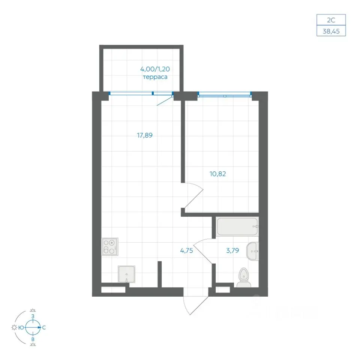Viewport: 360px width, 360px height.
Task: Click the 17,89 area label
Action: [145, 135]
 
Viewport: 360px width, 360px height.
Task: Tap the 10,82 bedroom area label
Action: [217, 174]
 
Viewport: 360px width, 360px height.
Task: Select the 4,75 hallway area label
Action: [186, 250]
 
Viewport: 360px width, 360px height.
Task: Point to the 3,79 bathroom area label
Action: [232, 250]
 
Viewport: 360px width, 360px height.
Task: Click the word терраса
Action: [155, 77]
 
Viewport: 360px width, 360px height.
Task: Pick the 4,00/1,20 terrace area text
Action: [155, 69]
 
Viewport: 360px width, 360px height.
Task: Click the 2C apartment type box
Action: [331, 20]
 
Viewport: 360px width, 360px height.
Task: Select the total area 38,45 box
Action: [331, 31]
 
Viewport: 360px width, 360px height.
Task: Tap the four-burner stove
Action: [110, 247]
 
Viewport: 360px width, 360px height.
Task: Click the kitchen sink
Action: [126, 274]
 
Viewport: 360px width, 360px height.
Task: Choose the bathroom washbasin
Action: [252, 251]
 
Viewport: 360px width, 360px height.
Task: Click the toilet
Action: [244, 277]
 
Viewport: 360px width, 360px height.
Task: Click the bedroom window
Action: [225, 94]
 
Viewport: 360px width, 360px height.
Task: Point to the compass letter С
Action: [44, 328]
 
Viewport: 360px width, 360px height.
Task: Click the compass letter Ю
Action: [21, 328]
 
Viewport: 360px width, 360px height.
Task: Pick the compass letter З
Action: [33, 316]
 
